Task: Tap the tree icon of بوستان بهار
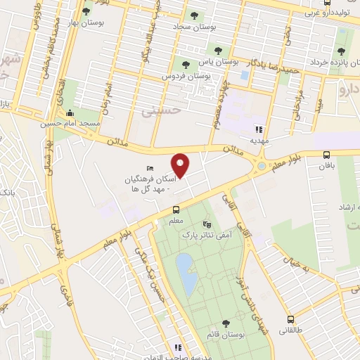click(86, 12)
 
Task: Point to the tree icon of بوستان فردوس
click(186, 65)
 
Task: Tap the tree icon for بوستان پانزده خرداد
click(341, 51)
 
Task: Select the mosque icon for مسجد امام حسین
click(69, 114)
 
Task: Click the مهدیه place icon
click(259, 129)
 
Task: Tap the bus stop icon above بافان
click(326, 155)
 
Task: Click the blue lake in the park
click(186, 274)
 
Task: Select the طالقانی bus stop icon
click(290, 318)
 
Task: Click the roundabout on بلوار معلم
click(262, 167)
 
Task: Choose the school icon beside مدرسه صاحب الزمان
click(178, 347)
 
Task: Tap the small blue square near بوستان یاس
click(245, 74)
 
